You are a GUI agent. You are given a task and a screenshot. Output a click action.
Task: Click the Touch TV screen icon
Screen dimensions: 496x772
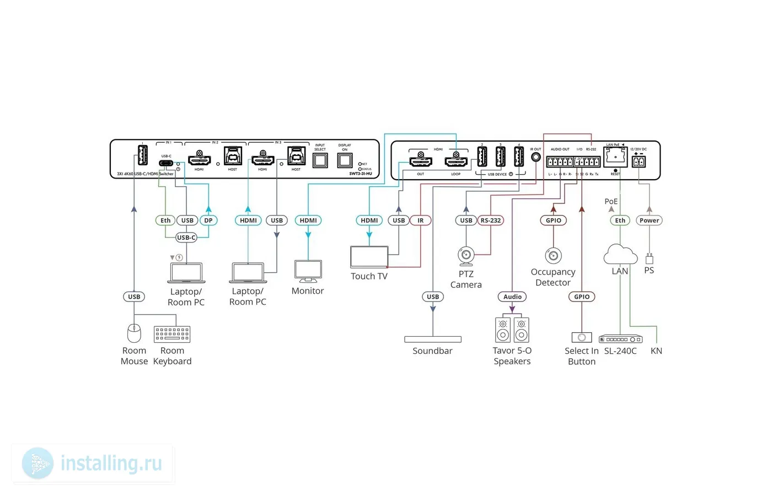click(369, 257)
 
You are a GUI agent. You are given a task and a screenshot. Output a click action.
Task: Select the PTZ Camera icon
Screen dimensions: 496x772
click(466, 256)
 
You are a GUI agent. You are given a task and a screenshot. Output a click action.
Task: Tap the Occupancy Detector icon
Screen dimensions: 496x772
click(553, 256)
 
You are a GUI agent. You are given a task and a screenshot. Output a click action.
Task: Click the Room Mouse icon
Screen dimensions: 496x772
click(134, 333)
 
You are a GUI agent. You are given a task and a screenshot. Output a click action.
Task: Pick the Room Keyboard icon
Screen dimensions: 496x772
click(172, 334)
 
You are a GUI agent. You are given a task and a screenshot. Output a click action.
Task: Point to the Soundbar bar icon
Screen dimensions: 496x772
click(433, 339)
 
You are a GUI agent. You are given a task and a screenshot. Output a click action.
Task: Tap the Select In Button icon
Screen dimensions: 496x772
click(582, 337)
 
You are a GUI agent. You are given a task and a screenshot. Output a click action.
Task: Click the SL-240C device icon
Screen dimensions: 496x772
click(621, 339)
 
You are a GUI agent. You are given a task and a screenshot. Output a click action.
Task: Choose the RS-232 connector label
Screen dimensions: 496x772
click(491, 220)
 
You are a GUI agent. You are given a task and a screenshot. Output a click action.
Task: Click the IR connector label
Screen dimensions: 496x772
click(421, 220)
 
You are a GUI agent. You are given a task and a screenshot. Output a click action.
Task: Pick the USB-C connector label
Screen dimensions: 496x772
click(186, 238)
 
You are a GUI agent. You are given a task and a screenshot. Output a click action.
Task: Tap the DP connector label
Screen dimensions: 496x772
click(208, 220)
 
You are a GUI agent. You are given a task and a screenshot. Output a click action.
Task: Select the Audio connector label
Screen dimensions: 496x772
click(512, 296)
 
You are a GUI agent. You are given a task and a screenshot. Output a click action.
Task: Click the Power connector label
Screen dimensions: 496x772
click(649, 220)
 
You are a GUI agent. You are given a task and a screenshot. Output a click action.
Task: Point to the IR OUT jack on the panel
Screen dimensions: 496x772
click(535, 157)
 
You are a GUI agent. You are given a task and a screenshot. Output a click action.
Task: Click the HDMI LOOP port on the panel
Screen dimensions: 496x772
click(456, 161)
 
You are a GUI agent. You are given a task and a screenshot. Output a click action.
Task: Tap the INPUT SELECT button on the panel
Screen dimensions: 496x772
click(320, 160)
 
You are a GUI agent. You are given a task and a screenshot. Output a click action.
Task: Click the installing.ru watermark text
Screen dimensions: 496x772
click(111, 463)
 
